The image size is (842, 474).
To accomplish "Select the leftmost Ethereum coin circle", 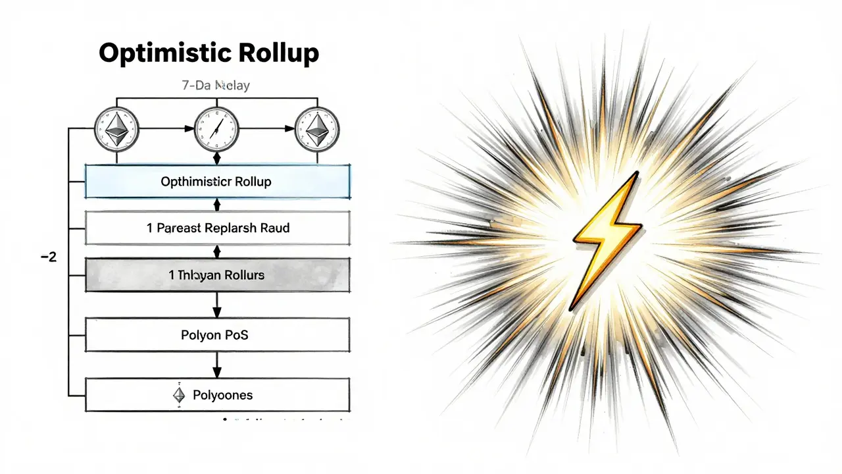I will click(x=117, y=127).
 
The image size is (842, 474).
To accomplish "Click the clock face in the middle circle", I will click(x=216, y=127).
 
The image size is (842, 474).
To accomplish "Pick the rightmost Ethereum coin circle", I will click(x=316, y=127).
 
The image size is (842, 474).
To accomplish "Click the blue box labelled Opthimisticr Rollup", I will click(x=217, y=182).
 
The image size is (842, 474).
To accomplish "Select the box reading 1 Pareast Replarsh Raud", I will click(x=217, y=228).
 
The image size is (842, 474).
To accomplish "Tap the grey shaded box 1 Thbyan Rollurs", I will click(x=217, y=275).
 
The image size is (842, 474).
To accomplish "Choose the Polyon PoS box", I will click(x=217, y=335).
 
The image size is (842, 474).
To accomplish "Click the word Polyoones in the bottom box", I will click(x=222, y=396).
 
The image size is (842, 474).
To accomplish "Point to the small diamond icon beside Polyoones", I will click(x=179, y=395).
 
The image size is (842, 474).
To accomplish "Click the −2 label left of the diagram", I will click(x=48, y=257).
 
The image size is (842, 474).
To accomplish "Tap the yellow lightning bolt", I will click(x=606, y=239).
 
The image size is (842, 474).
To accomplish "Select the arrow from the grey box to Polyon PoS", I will click(x=217, y=305).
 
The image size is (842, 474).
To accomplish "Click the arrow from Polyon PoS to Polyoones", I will click(x=217, y=366).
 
